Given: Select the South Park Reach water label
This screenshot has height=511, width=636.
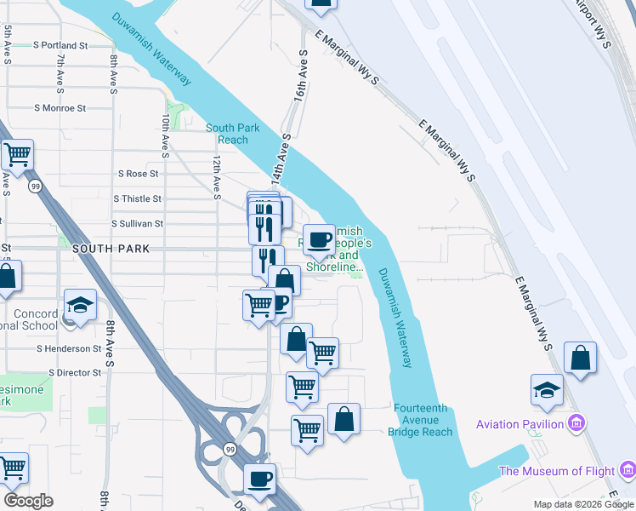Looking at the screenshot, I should pyautogui.click(x=227, y=134).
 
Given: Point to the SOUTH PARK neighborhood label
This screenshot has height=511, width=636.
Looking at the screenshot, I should pyautogui.click(x=111, y=249).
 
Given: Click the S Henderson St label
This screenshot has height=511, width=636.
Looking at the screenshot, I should pyautogui.click(x=69, y=348).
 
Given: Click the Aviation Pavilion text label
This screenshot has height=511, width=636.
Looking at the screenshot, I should pyautogui.click(x=520, y=424).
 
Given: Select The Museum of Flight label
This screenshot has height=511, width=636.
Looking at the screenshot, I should pyautogui.click(x=557, y=471).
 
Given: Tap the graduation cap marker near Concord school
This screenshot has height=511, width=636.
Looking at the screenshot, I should pyautogui.click(x=80, y=306).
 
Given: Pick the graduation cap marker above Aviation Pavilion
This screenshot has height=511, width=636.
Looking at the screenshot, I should pyautogui.click(x=548, y=390).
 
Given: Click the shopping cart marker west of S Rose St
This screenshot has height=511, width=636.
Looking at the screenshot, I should pyautogui.click(x=16, y=155).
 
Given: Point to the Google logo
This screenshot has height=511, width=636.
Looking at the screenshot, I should pyautogui.click(x=29, y=500).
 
